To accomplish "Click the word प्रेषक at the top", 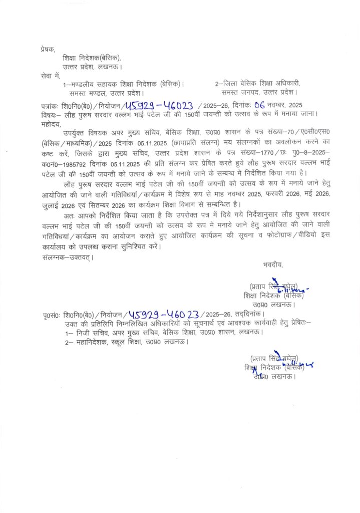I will pos(48,49).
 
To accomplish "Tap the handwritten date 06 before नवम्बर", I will pos(259,104).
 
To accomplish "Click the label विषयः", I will pos(51,113).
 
